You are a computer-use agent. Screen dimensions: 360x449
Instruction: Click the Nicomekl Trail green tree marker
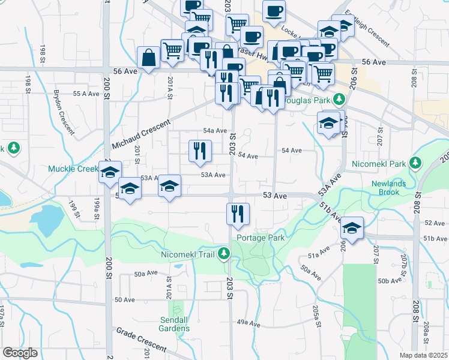(x=224, y=254)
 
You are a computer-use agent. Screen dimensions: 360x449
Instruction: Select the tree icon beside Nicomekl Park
(x=414, y=163)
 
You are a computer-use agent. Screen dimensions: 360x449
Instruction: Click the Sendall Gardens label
(x=175, y=324)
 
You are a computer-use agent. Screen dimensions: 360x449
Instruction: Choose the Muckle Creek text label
(x=73, y=169)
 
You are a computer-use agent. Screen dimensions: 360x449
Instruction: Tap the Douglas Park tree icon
(x=340, y=99)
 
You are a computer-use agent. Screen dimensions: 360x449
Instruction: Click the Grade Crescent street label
(x=141, y=338)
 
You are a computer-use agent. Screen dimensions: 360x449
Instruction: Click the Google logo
(x=20, y=353)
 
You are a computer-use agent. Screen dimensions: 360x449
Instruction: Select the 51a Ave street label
(x=320, y=252)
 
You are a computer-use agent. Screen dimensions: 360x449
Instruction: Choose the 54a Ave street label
(x=214, y=130)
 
